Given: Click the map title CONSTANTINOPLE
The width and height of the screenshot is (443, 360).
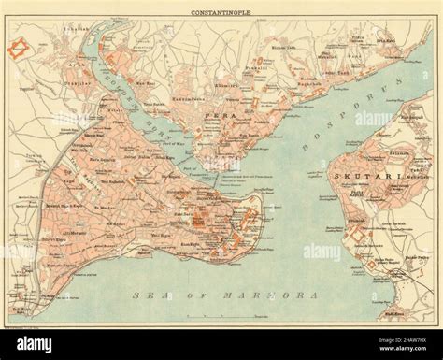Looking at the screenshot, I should click(221, 13).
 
